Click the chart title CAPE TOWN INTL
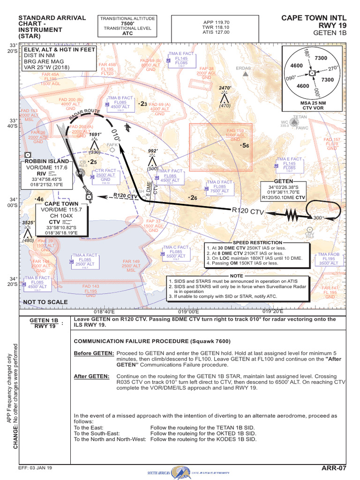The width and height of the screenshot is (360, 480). tap(314, 18)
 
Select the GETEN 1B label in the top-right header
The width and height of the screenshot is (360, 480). tap(330, 33)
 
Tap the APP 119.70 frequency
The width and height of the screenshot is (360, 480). tap(216, 22)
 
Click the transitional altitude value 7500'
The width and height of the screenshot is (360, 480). tap(127, 23)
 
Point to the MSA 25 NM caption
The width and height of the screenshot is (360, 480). tap(312, 103)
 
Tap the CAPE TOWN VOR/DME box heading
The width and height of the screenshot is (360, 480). tap(61, 204)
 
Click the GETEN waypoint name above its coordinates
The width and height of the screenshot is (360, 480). tap(283, 181)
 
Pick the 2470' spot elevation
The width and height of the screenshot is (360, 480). tap(225, 88)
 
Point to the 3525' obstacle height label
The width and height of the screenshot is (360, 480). tap(29, 222)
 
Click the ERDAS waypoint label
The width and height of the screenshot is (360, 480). tap(243, 68)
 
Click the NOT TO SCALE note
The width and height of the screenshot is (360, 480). tap(45, 302)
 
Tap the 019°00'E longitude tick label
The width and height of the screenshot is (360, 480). tap(187, 311)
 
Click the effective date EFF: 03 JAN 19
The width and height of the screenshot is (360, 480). tap(35, 468)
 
